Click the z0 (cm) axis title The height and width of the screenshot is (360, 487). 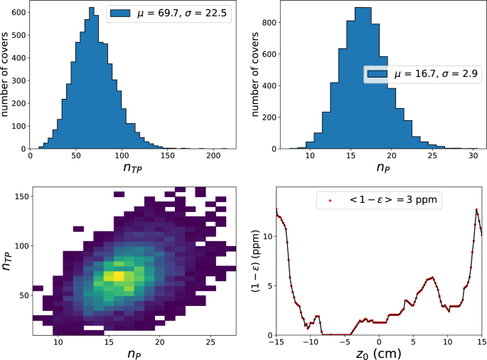tap(379, 354)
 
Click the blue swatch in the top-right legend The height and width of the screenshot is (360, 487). tap(378, 75)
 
